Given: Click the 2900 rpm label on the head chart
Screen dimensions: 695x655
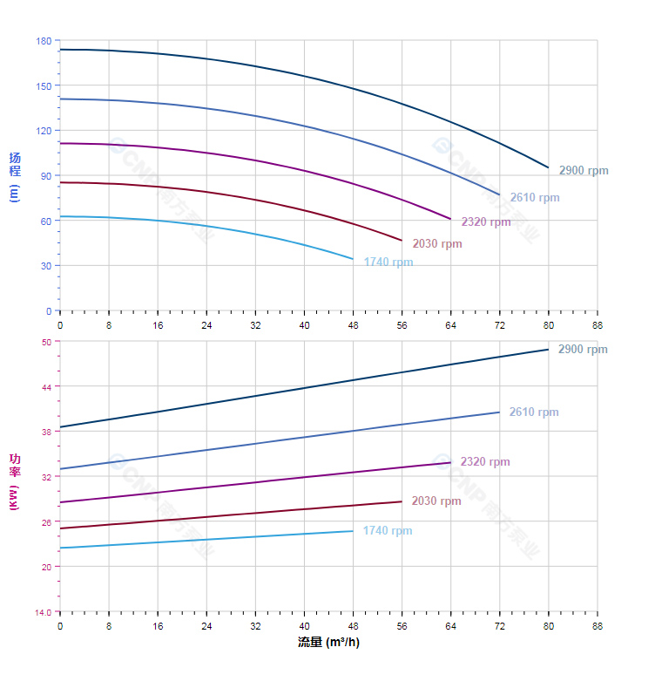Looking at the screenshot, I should (584, 171).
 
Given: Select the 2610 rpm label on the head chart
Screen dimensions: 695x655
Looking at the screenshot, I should (535, 198).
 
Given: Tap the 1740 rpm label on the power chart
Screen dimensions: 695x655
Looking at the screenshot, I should (388, 531).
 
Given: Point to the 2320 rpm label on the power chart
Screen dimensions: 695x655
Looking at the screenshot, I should (485, 462).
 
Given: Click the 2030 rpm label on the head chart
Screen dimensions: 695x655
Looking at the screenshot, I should (437, 244).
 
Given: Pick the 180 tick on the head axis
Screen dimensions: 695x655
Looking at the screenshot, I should (44, 41).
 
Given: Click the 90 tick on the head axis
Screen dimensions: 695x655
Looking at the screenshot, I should (46, 175).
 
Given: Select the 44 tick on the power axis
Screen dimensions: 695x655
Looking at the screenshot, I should (46, 386).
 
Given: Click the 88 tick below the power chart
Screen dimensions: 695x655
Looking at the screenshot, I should (598, 626).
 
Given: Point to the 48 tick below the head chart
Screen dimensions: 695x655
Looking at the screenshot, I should (353, 325).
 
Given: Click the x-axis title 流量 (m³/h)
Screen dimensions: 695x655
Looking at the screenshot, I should (328, 643).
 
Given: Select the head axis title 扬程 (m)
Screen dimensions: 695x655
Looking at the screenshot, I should (14, 176).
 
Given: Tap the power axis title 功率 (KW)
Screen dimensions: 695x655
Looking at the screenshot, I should (14, 481).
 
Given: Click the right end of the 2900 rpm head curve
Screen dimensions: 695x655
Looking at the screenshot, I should (549, 167).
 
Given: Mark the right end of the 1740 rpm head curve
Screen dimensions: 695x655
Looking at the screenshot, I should (353, 259).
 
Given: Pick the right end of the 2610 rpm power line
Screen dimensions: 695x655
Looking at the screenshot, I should (499, 412).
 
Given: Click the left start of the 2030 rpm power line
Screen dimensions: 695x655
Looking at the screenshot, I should (60, 528).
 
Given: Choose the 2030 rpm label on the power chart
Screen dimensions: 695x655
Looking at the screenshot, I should (436, 501).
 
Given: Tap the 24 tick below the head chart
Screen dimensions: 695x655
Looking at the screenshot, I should (206, 325).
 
